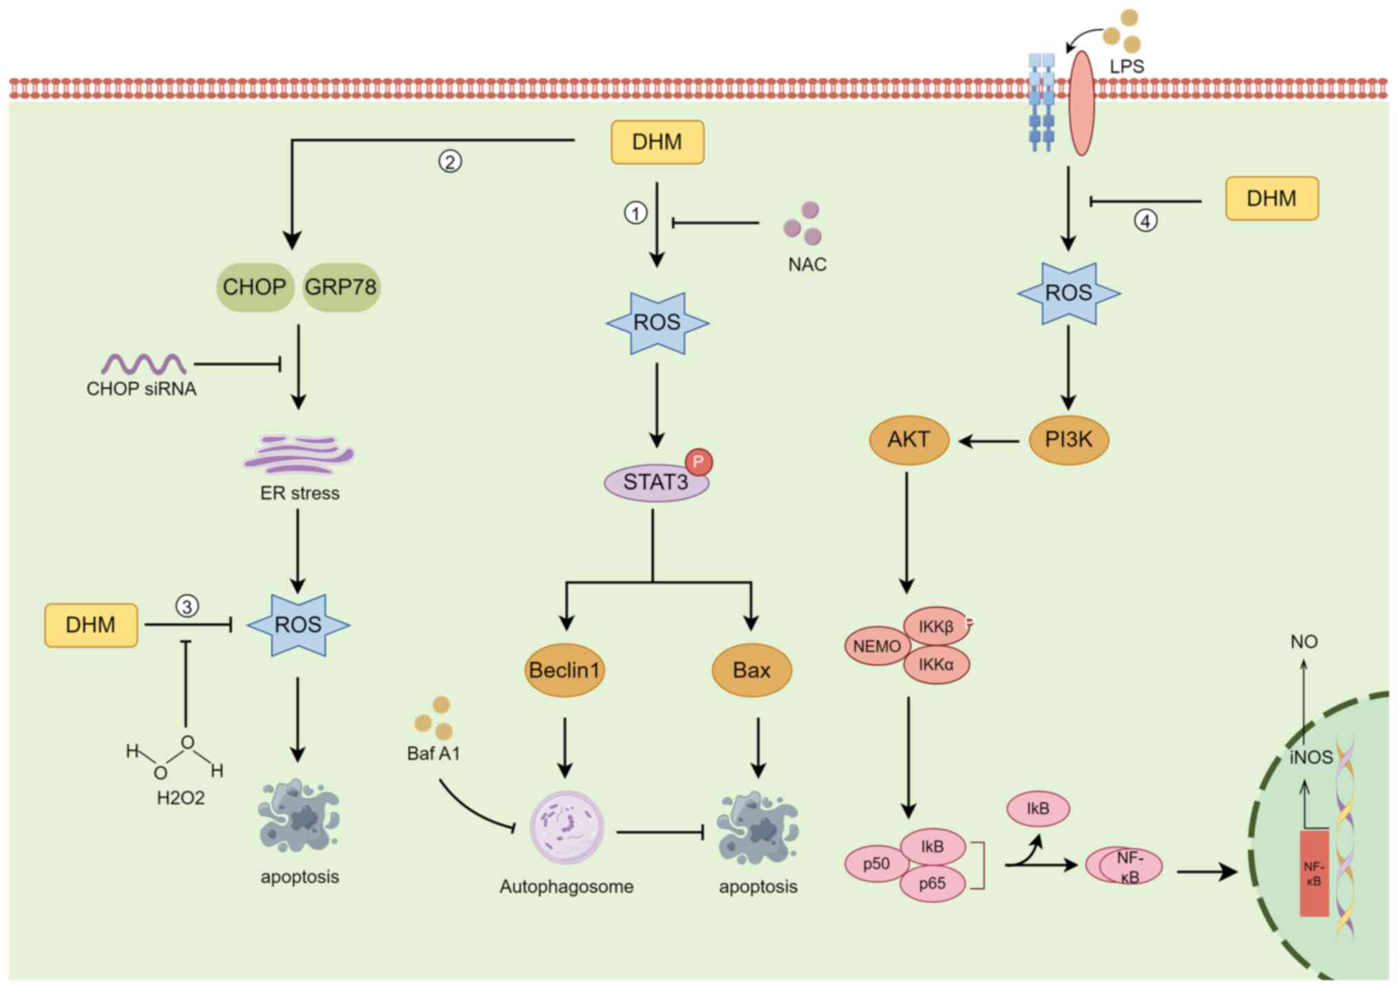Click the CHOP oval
tap(255, 287)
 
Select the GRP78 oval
tap(341, 287)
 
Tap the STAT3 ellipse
tap(655, 482)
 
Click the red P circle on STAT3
tap(699, 461)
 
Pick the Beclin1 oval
tap(564, 670)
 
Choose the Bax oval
tap(752, 670)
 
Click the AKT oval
tap(909, 439)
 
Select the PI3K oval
tap(1068, 439)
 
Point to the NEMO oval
tap(877, 646)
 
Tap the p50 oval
tap(876, 864)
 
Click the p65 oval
tap(933, 884)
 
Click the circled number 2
tap(450, 162)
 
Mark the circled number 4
tap(1145, 221)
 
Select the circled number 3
tap(187, 606)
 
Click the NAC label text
tap(807, 264)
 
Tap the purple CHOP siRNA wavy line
tap(143, 363)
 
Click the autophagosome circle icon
tap(566, 828)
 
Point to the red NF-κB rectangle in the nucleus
tap(1313, 873)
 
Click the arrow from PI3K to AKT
tap(988, 441)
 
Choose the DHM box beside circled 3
tap(91, 625)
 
